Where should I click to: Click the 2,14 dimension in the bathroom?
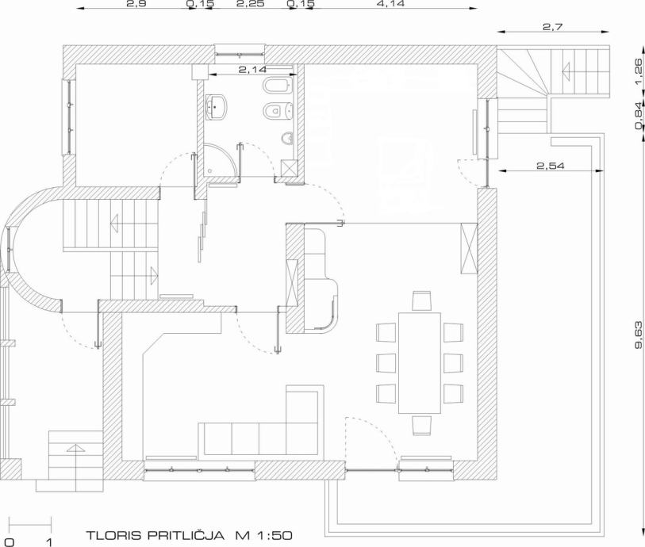pos(252,70)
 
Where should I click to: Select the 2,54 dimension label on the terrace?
pos(551,166)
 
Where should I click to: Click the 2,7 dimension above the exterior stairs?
pos(552,27)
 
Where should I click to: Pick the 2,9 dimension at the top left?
pos(136,4)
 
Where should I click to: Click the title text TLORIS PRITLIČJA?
pos(155,535)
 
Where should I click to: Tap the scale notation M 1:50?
pos(263,535)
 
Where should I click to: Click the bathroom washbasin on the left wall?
pos(216,107)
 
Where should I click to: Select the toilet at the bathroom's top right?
pos(278,86)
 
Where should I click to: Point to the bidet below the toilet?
pos(278,110)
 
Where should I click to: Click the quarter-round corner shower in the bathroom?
pos(221,159)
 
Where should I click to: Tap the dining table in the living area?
pos(420,363)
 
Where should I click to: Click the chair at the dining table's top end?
pos(421,300)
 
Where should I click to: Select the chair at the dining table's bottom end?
pos(421,426)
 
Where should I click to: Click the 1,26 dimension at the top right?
pos(638,71)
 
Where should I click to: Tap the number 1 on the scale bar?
pos(49,542)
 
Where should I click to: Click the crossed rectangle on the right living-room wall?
pos(469,248)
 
